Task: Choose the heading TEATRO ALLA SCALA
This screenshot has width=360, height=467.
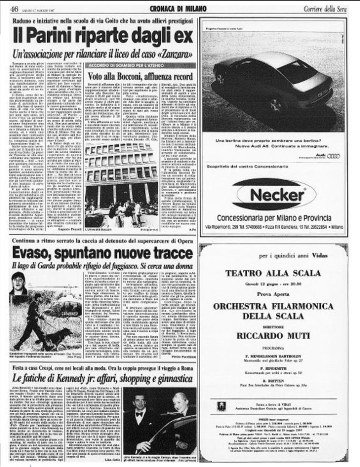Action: tap(273, 273)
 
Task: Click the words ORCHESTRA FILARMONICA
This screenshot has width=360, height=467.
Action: tap(273, 307)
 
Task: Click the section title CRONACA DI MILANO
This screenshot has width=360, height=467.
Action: tap(177, 8)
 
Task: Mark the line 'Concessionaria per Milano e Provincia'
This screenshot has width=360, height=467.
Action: tap(274, 218)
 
